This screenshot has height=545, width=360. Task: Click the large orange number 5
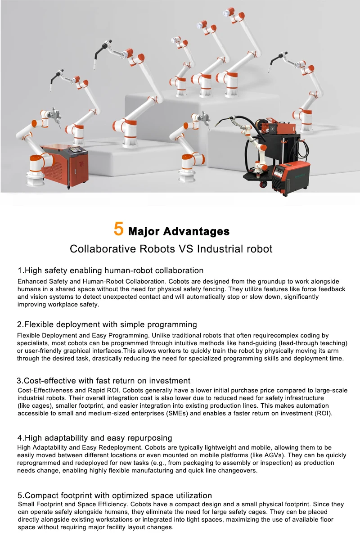[118, 229]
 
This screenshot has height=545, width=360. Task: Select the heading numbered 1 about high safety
[110, 270]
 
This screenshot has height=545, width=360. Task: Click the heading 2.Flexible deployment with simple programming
[107, 324]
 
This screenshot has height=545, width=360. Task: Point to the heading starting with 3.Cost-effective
[103, 381]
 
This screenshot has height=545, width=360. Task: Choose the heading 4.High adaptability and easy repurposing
[94, 438]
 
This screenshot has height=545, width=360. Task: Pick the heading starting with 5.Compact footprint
[114, 495]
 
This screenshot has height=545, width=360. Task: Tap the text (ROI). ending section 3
[323, 413]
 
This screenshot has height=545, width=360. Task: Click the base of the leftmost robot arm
[37, 179]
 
